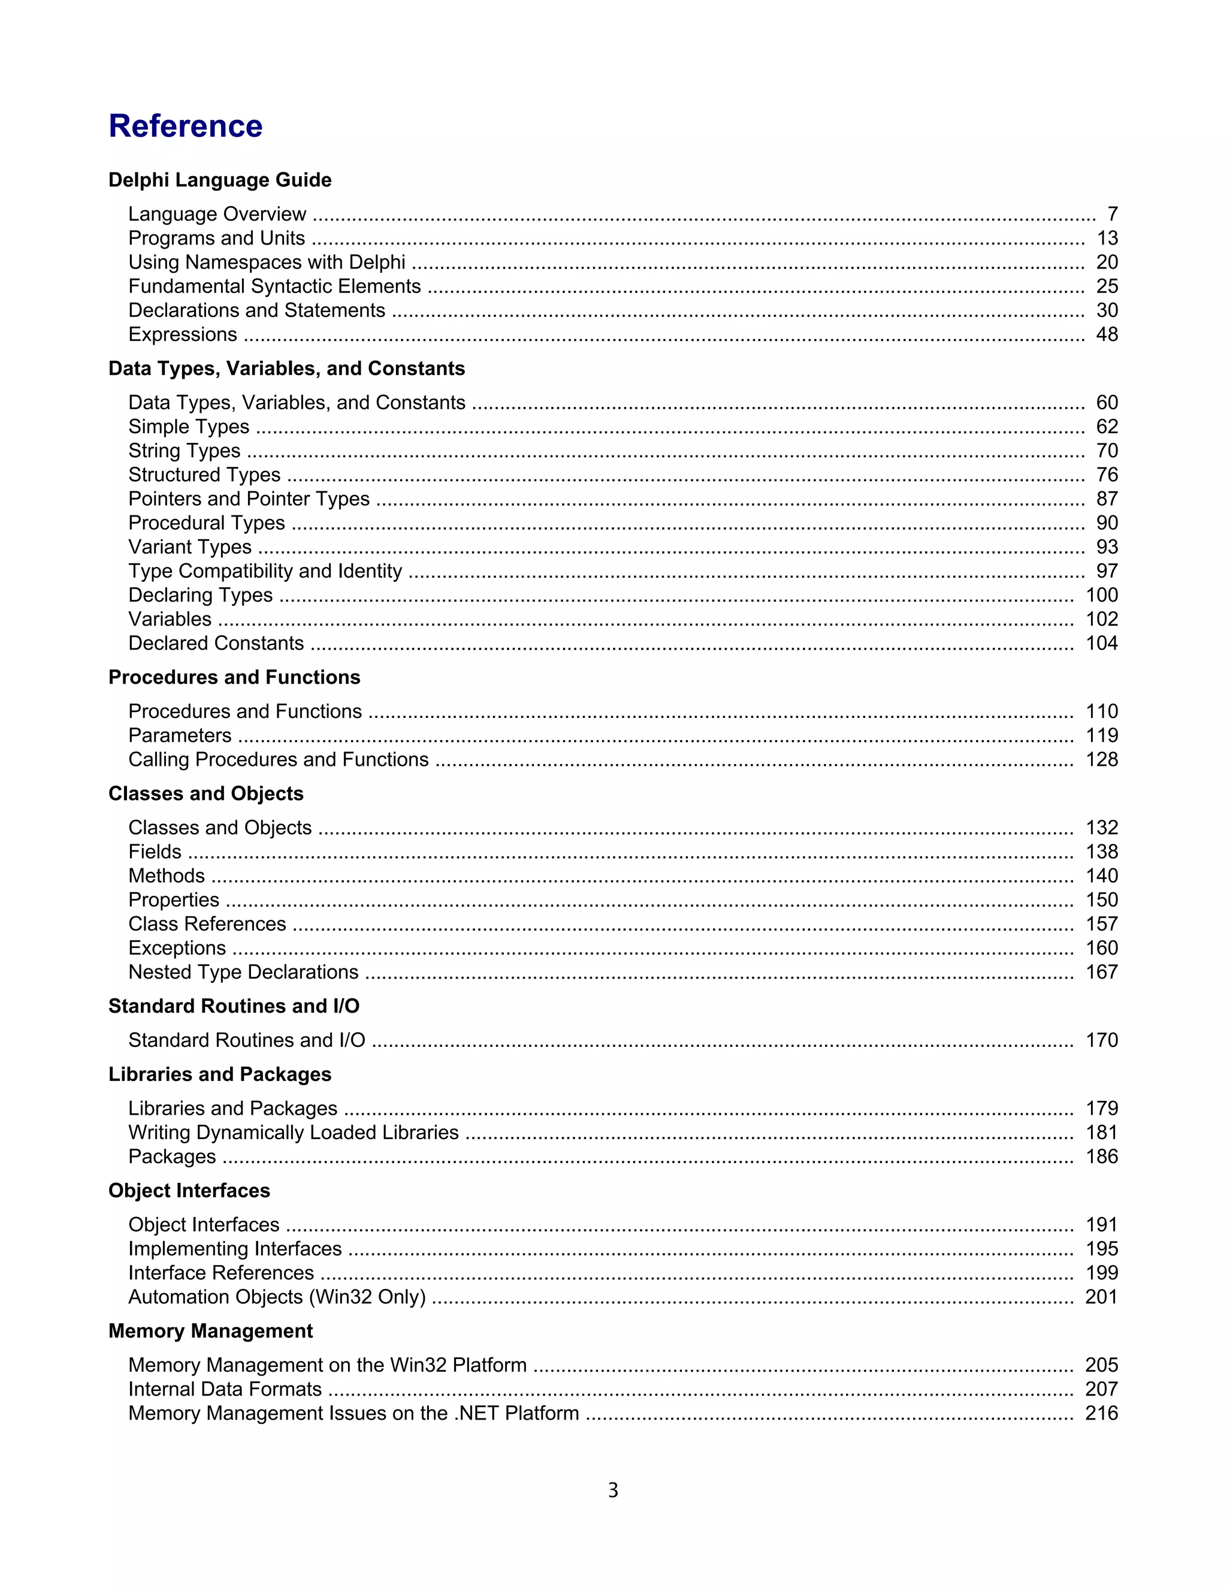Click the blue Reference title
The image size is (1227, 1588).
[185, 126]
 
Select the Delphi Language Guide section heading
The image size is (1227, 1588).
[219, 180]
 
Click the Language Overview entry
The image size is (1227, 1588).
[217, 214]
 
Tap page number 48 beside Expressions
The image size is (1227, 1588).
[1107, 334]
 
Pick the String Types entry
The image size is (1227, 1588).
[184, 451]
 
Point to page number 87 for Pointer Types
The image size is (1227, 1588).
[1107, 499]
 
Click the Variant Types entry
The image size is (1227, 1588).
[190, 547]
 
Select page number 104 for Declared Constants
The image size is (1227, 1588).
[1101, 644]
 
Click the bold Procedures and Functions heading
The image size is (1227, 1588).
[234, 677]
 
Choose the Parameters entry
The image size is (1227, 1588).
[180, 735]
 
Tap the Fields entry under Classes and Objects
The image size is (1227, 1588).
[155, 852]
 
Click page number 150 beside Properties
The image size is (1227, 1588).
[1101, 900]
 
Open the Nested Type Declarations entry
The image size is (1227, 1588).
[243, 972]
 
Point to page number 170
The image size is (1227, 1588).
[1101, 1040]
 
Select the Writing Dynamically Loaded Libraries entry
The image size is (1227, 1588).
[293, 1133]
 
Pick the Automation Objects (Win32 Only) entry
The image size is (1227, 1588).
[276, 1297]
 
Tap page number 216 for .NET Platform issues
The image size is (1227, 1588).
[1101, 1414]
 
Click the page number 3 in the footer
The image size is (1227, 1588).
[613, 1492]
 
